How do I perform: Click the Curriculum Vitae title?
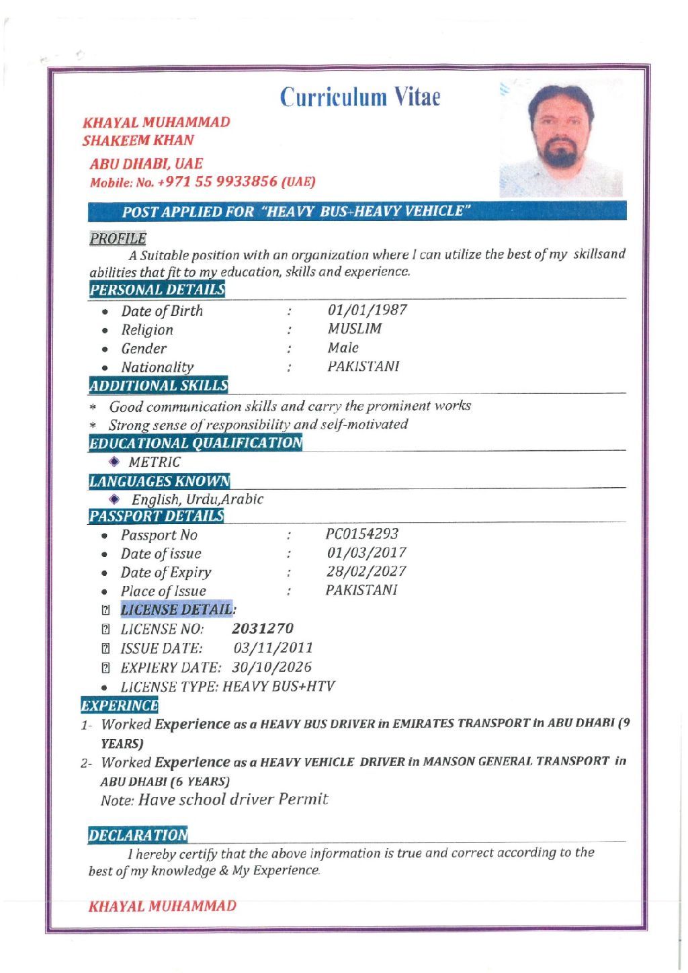pos(360,97)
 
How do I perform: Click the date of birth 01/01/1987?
pos(368,310)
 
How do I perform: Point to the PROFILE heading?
pos(118,238)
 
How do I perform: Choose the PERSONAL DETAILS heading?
pos(157,290)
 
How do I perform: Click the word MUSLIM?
pos(355,329)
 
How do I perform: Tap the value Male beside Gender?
pos(343,347)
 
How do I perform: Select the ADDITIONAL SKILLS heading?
pos(159,385)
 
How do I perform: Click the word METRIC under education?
pos(155,462)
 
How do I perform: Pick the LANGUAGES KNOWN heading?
pos(159,481)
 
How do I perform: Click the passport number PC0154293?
pos(362,534)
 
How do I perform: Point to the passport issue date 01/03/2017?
pos(367,552)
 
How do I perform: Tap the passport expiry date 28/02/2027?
pos(367,571)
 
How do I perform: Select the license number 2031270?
pos(263,628)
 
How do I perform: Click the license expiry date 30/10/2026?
pos(272,667)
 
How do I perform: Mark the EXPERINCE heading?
pos(120,706)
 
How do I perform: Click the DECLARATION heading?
pos(138,835)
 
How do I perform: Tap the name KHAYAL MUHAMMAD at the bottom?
pos(163,906)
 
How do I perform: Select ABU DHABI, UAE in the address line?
pos(146,163)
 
